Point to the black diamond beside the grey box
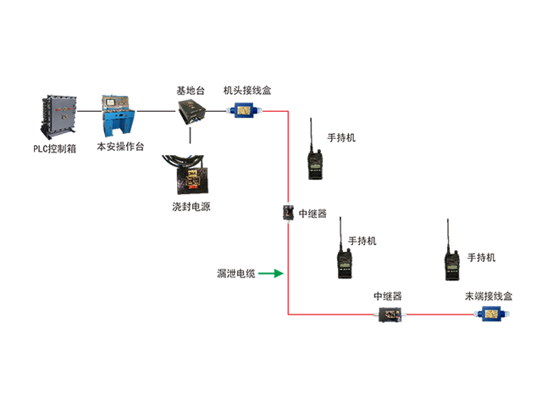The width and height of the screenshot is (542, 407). pyautogui.click(x=88, y=111)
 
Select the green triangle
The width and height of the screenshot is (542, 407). pyautogui.click(x=268, y=272)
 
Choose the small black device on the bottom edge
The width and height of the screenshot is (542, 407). pyautogui.click(x=390, y=314)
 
